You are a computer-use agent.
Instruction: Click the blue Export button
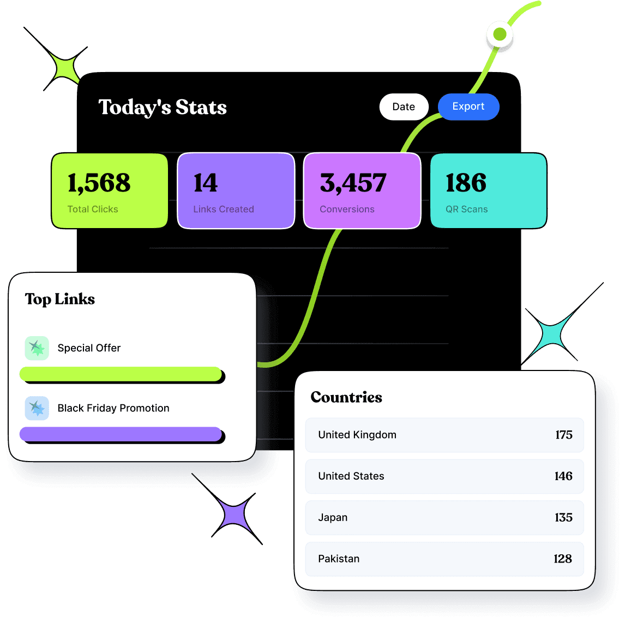[468, 107]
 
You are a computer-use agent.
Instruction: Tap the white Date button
[404, 107]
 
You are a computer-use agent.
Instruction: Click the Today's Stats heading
[163, 107]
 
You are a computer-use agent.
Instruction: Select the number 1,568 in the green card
[99, 183]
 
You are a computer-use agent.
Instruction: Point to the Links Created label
[224, 210]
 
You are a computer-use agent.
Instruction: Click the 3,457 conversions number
[353, 183]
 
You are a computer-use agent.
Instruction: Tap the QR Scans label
[467, 210]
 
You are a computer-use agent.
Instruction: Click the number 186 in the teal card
[466, 183]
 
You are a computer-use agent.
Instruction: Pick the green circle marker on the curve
[500, 35]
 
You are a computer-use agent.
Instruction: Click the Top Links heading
[60, 299]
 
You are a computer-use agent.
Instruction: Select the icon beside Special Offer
[37, 348]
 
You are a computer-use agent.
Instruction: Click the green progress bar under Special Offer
[121, 374]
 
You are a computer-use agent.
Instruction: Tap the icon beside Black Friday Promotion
[37, 408]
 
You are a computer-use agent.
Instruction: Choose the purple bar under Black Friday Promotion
[121, 434]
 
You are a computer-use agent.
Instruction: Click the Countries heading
[346, 397]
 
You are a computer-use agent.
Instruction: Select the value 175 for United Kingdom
[564, 435]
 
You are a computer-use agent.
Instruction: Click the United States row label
[351, 476]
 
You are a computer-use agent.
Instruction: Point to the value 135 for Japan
[564, 518]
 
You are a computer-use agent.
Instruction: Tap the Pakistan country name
[339, 559]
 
